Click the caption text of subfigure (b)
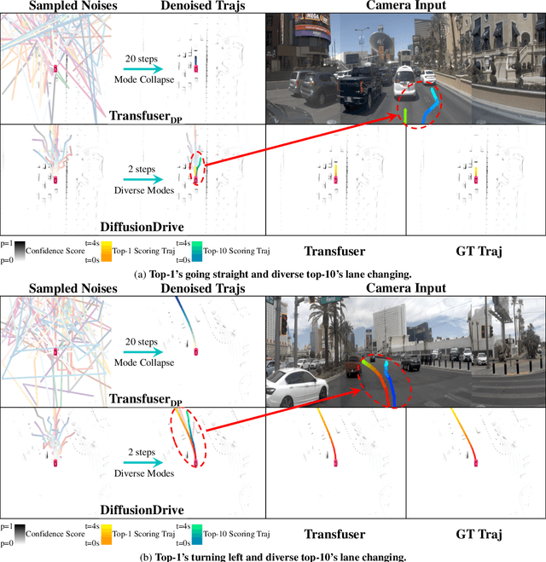coord(272,556)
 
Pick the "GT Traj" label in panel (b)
coord(475,534)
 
